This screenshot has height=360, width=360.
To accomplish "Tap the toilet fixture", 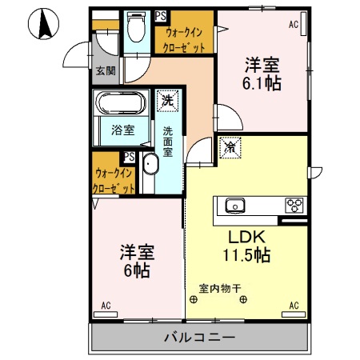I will point(135,30).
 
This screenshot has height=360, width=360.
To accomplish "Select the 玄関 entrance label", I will point(105,71).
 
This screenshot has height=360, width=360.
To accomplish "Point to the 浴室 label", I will point(122,130).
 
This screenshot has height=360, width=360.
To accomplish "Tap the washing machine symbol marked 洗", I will point(167,102).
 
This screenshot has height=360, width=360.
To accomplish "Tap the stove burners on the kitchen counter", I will point(295,206).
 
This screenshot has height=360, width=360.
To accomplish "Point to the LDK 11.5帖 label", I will point(246,247).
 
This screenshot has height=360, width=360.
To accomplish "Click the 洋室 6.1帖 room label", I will point(262,74).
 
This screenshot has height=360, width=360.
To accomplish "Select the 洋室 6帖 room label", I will point(136,259).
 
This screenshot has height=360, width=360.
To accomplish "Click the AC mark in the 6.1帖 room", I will point(293,25).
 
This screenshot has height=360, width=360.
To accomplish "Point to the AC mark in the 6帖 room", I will point(106,306).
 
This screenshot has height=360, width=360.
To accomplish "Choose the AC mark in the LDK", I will point(294,306).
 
